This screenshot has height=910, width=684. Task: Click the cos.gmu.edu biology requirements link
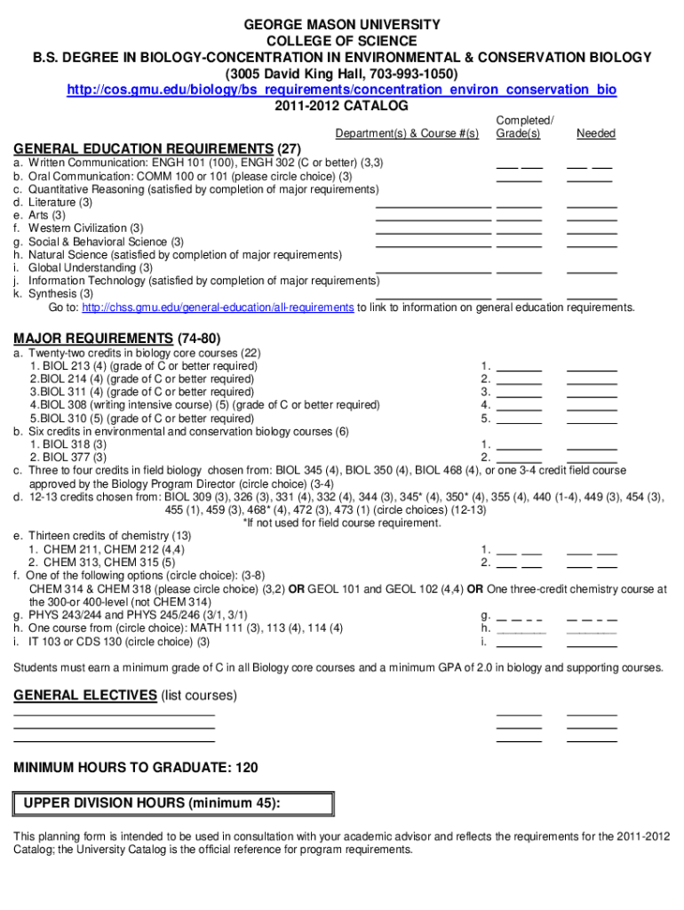point(342,91)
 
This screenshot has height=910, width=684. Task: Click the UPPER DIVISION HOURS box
point(174,803)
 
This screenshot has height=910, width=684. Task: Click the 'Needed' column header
point(595,133)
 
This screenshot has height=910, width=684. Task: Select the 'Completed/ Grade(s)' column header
point(524,126)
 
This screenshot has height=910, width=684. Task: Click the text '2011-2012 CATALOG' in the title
point(342,106)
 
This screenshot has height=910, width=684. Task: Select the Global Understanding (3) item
point(90,267)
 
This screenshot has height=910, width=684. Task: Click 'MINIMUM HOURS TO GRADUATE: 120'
point(136,767)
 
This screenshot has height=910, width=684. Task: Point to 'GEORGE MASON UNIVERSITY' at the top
point(342,24)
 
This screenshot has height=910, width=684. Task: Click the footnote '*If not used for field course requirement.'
point(342,523)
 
